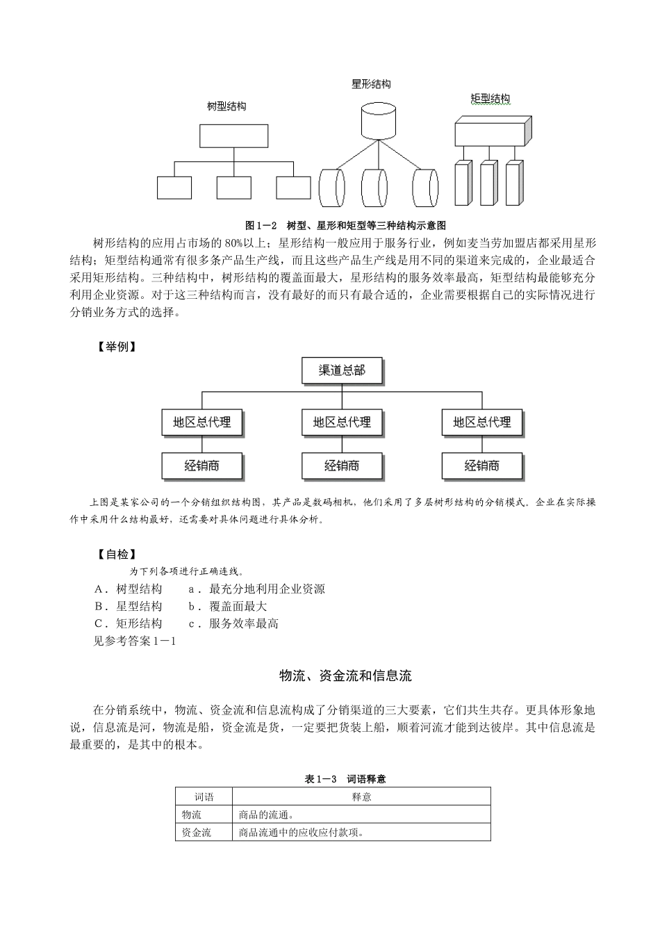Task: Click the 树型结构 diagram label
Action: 226,106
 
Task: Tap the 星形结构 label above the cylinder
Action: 371,84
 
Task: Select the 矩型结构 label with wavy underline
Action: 490,99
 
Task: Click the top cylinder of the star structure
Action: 378,121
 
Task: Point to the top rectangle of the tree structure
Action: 234,136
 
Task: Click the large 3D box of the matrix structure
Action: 493,131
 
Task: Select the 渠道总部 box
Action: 343,370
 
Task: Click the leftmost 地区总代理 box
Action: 202,423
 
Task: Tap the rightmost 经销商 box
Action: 482,466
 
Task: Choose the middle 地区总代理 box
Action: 343,423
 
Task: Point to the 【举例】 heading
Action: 116,347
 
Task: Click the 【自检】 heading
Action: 116,554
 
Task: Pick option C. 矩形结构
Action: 128,623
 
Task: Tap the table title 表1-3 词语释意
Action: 345,779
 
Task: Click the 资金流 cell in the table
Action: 197,833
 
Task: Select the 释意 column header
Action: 361,797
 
